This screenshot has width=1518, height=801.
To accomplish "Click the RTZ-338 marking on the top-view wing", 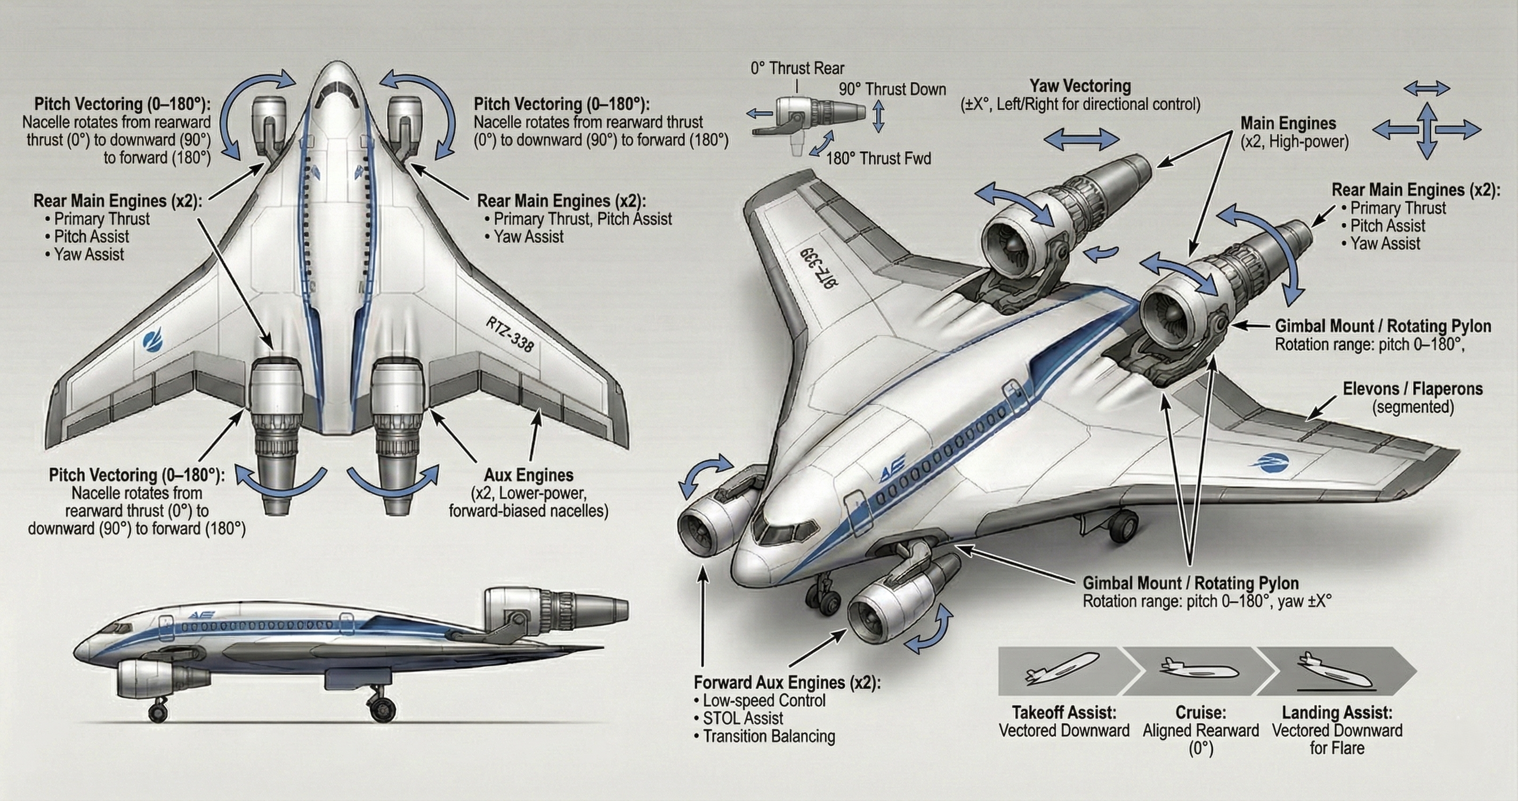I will click(509, 334).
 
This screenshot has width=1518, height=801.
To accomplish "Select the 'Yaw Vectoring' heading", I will click(1080, 86).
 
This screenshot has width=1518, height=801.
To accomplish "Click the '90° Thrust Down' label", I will click(892, 89).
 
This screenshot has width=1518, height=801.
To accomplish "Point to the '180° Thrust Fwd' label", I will click(878, 158).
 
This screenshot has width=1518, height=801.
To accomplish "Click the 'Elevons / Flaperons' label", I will click(1412, 389).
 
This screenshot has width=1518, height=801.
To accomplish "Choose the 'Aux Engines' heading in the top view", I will click(528, 475).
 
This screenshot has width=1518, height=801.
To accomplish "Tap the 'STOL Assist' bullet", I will click(742, 718).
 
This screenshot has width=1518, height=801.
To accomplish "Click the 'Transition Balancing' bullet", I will click(769, 736).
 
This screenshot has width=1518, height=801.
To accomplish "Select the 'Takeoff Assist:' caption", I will click(1064, 713).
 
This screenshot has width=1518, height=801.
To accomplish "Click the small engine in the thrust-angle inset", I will click(810, 112).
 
